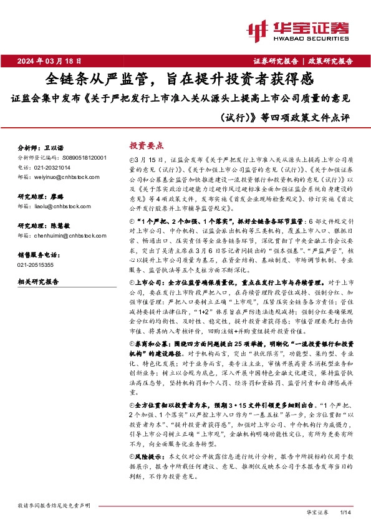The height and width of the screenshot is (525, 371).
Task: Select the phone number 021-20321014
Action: [x=54, y=168]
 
